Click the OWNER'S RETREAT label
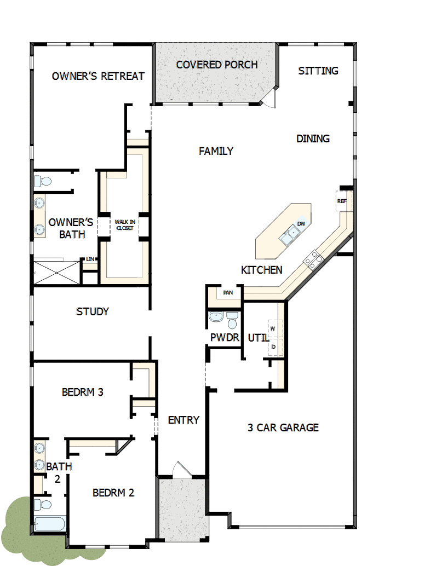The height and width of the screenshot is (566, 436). click(98, 76)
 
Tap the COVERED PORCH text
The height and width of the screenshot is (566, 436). click(217, 65)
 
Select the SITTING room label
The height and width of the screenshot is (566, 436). click(318, 71)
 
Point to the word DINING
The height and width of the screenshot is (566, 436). click(313, 138)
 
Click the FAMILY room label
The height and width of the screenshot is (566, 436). click(216, 151)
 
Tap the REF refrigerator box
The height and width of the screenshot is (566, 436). click(342, 201)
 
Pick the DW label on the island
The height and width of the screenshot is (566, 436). click(301, 224)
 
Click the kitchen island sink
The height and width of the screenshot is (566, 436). click(289, 236)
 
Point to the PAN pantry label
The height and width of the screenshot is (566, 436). click(227, 293)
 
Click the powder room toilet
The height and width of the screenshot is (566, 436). click(232, 320)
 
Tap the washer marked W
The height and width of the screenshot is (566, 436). click(273, 328)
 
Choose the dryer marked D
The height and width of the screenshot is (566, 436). click(273, 346)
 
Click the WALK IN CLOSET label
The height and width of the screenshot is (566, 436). click(124, 224)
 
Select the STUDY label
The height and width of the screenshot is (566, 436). click(93, 311)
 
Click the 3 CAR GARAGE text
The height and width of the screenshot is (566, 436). click(283, 428)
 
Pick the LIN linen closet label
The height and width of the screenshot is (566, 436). click(90, 259)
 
